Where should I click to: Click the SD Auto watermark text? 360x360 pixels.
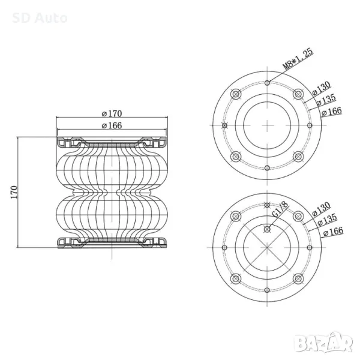[40, 18]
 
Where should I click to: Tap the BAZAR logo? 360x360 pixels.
[323, 343]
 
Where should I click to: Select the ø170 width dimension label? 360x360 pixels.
[112, 113]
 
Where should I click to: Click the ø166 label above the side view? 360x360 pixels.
[112, 125]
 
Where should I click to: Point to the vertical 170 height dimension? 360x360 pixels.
[14, 193]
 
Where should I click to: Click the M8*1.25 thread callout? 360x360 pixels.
[298, 59]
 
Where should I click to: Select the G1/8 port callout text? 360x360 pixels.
[280, 209]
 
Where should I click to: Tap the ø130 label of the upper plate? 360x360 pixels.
[322, 88]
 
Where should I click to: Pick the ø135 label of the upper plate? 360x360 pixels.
[326, 100]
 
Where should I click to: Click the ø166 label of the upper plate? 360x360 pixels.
[332, 112]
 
